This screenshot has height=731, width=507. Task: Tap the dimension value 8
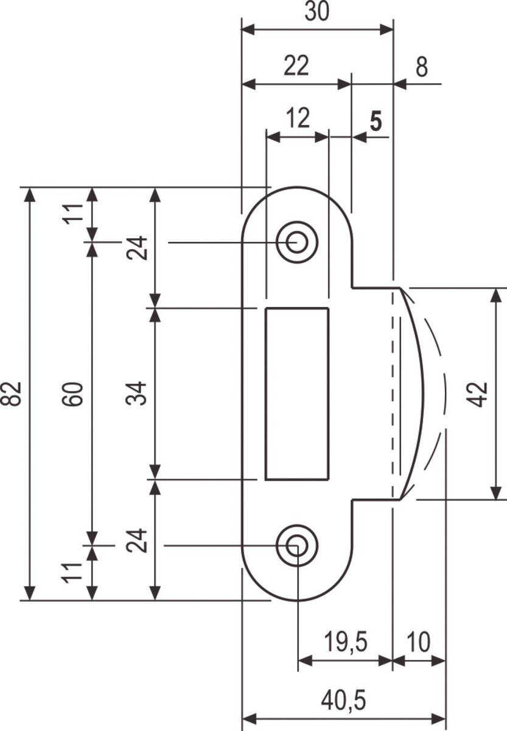[422, 66]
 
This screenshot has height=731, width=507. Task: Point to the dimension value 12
[298, 118]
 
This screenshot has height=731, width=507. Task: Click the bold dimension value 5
[376, 121]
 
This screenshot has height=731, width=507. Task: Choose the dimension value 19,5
[345, 642]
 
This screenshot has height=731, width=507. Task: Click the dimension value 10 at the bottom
[419, 642]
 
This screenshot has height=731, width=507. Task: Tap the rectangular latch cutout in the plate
[297, 394]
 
